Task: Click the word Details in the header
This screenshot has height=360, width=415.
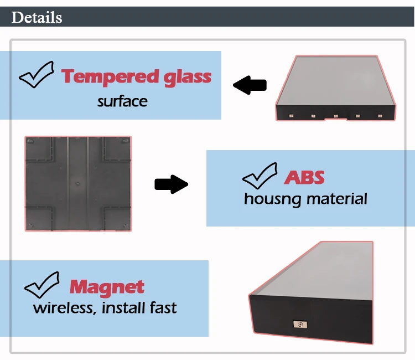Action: [37, 18]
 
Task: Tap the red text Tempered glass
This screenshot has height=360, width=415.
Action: [136, 77]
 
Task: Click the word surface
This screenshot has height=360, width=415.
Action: [122, 101]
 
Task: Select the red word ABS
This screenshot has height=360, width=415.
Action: [304, 177]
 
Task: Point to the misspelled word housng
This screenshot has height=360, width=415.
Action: [272, 199]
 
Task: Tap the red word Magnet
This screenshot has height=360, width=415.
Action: [107, 287]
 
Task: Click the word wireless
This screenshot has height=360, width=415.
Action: [64, 308]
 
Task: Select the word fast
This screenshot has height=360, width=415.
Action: [163, 307]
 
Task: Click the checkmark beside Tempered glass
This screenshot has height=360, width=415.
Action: [37, 75]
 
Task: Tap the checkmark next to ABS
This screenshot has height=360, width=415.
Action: [260, 176]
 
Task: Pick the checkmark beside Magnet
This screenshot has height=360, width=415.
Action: [42, 285]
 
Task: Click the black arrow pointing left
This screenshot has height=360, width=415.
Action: [250, 85]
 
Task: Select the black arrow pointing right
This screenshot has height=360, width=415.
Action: [172, 184]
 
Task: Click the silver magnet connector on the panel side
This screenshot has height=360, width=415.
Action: [300, 324]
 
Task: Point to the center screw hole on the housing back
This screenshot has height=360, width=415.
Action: [77, 183]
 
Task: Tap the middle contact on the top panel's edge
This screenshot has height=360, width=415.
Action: [336, 116]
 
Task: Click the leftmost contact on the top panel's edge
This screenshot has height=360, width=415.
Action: [291, 116]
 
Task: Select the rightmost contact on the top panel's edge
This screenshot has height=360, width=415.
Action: [380, 116]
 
